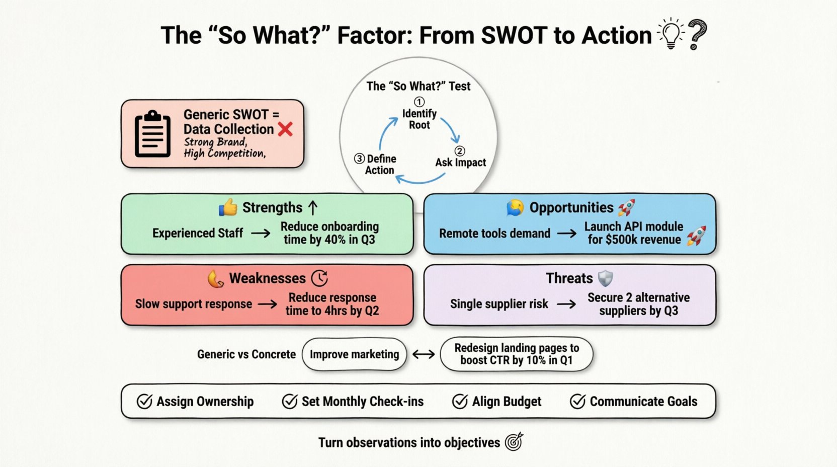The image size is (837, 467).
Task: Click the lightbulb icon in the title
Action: [x=671, y=34]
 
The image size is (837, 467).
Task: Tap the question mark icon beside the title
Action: [x=697, y=34]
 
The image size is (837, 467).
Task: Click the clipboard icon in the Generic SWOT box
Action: [x=152, y=133]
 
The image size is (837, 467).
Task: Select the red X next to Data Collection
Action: [x=285, y=129]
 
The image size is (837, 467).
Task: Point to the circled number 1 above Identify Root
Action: [x=419, y=102]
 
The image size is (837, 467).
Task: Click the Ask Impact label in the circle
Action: [x=460, y=163]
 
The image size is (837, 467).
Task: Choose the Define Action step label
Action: [x=380, y=165]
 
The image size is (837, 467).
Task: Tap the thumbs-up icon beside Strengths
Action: [x=228, y=207]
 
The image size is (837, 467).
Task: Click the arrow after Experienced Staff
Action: [x=261, y=233]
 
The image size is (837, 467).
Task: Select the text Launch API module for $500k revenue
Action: [x=634, y=233]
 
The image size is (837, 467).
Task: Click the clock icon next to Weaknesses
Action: [x=319, y=278]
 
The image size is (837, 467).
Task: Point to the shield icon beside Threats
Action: [x=605, y=278]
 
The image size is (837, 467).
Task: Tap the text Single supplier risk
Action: [x=499, y=304]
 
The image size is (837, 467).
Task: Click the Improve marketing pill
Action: [x=354, y=354]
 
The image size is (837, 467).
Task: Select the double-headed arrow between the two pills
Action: [x=424, y=354]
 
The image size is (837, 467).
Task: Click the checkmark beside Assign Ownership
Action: [x=144, y=402]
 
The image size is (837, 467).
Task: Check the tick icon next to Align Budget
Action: [x=460, y=402]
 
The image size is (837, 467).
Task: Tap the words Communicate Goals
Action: [x=643, y=402]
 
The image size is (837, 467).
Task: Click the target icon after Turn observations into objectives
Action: [x=514, y=442]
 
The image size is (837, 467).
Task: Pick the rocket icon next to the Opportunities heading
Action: [x=627, y=207]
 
